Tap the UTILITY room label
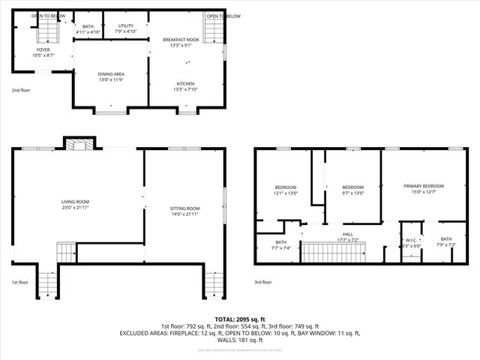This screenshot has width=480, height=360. [126, 25]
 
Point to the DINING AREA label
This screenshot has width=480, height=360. [110, 73]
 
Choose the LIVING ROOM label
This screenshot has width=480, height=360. [75, 201]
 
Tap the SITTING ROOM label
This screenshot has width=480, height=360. [184, 208]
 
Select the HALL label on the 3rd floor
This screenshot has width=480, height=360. [348, 234]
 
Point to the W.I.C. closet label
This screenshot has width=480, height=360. [411, 241]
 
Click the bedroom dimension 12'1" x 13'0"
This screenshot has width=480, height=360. [285, 193]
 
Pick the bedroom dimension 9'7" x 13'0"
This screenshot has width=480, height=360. [352, 193]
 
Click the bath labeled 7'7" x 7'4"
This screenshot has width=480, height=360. [280, 249]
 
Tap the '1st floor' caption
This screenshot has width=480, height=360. [19, 283]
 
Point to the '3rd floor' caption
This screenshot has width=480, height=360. [262, 283]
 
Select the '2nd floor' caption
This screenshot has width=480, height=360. [20, 90]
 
